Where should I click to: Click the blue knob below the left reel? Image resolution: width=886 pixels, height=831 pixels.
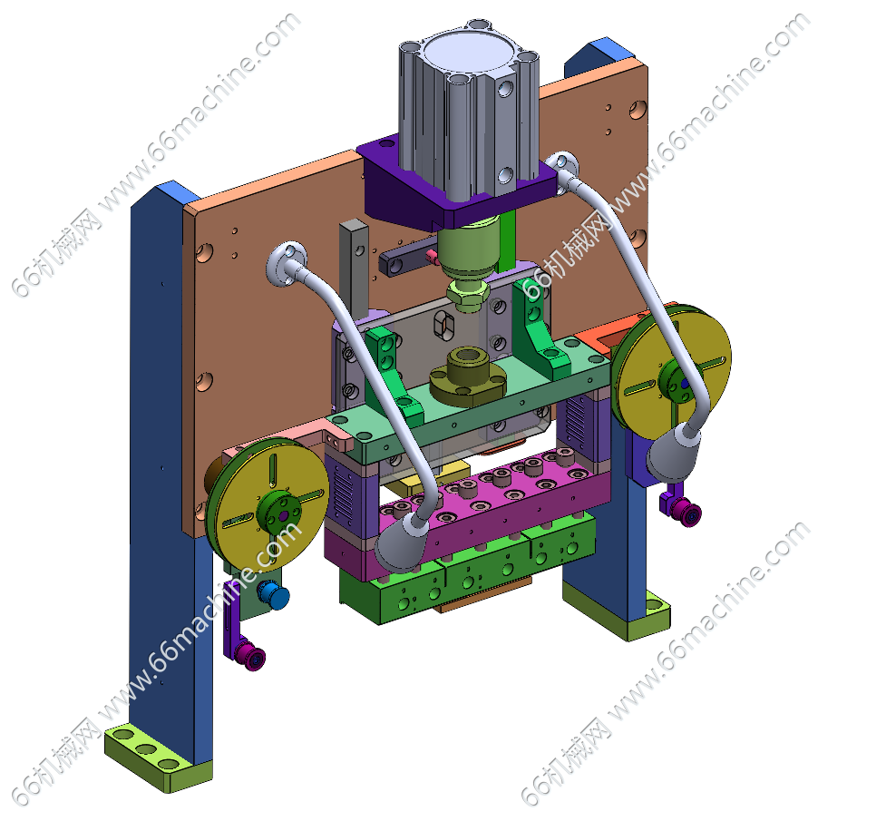(274, 595)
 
